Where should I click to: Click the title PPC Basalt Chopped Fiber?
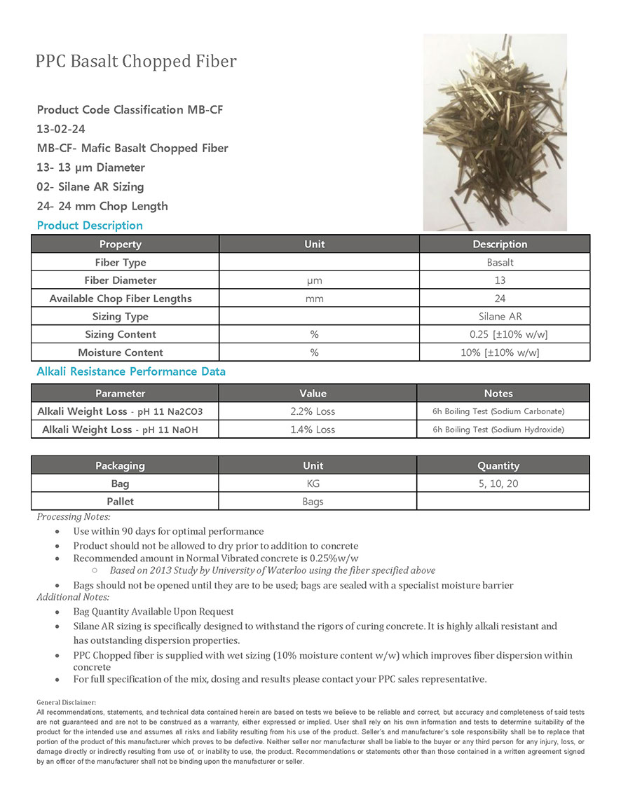pos(136,62)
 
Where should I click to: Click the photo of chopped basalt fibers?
pos(495,132)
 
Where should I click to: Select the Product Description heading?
pos(90,225)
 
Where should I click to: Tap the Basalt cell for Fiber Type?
pos(500,262)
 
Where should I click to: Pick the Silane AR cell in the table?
pos(500,316)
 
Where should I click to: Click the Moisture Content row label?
pos(121,352)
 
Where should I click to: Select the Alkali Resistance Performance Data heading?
pos(131,371)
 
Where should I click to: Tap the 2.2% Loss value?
pos(313,411)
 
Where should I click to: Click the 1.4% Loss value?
pos(313,430)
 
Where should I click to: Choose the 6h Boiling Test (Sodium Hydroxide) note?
pos(498,430)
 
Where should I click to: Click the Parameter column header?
pos(120,393)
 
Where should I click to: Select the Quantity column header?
pos(498,465)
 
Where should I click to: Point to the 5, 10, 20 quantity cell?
pos(498,483)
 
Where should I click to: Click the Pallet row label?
pos(121,502)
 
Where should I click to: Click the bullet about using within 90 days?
pos(168,531)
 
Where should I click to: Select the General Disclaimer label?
pos(66,701)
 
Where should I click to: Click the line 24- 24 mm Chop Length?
pos(102,206)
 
